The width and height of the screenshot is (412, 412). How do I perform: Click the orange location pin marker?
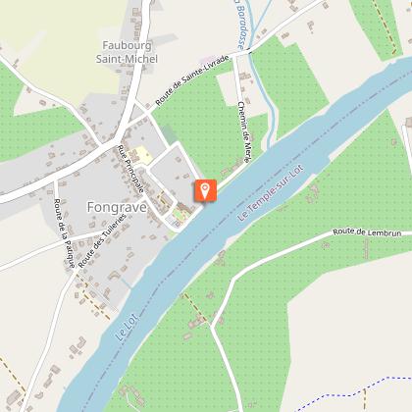[x=204, y=190]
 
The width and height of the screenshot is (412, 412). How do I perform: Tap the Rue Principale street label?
[x=131, y=169]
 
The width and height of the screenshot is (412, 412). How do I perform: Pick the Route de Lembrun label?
[x=362, y=232]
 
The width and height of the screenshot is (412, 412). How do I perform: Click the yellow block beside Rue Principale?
[x=140, y=154]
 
